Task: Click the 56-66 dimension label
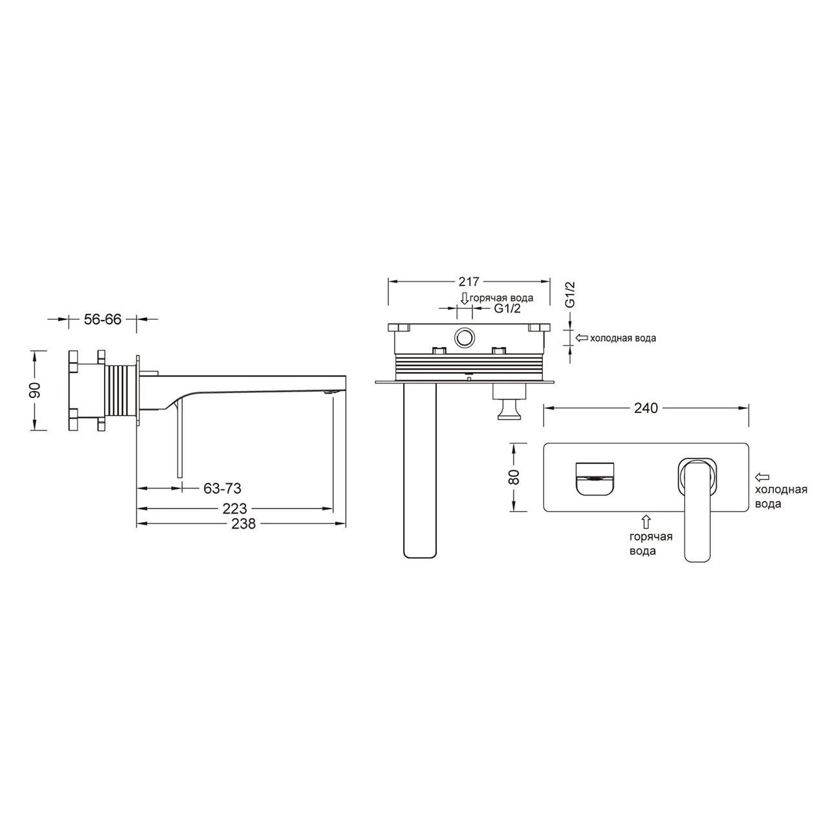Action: click(x=103, y=319)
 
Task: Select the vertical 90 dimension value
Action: click(x=34, y=390)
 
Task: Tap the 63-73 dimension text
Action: click(x=222, y=488)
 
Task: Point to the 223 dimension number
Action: click(x=235, y=509)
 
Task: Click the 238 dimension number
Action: click(x=243, y=523)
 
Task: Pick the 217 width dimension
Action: click(x=468, y=282)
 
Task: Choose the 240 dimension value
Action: click(x=646, y=408)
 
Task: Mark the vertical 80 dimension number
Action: click(x=514, y=477)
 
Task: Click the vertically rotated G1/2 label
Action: click(x=570, y=295)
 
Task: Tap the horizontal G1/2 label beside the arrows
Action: click(x=507, y=309)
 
